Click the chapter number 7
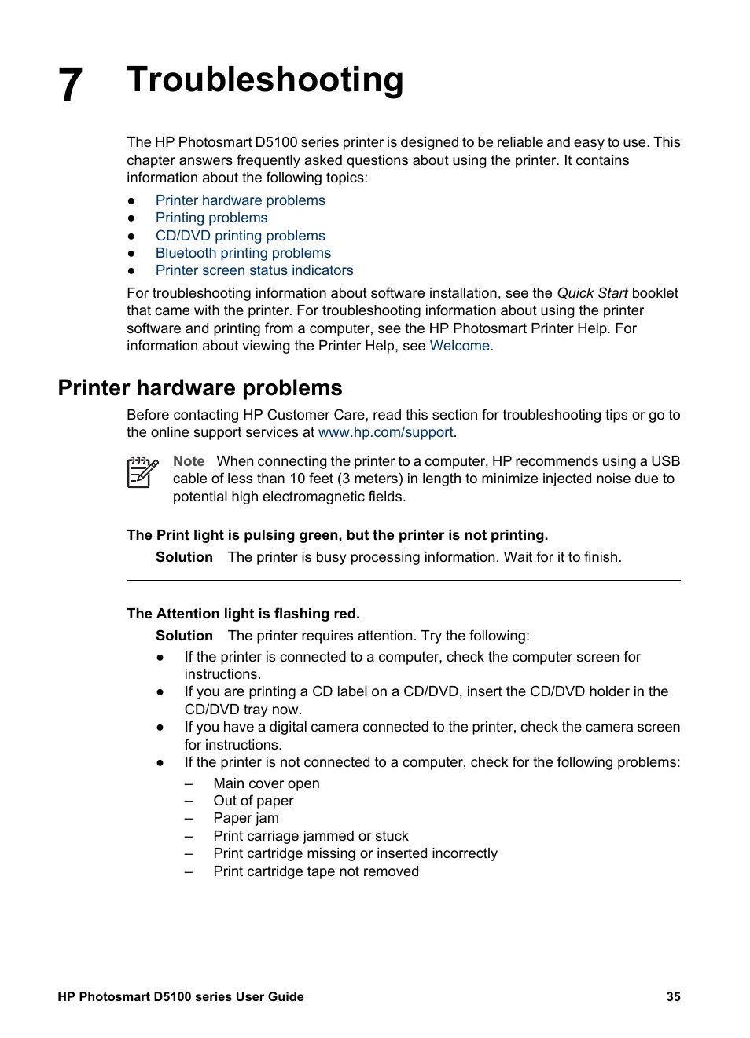[71, 85]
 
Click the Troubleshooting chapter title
[265, 80]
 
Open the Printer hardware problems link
[240, 200]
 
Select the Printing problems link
[211, 218]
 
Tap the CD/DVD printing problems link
[240, 236]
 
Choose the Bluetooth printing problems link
[243, 253]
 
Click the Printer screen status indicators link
[254, 270]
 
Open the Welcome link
[459, 346]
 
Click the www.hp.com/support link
[385, 432]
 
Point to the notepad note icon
[142, 472]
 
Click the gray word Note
[189, 461]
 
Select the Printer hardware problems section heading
[200, 388]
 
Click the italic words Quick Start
[592, 293]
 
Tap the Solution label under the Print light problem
[184, 557]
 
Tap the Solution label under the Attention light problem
[184, 636]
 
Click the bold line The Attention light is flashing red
[243, 614]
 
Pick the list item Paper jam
[245, 818]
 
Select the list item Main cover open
[266, 783]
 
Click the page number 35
[673, 996]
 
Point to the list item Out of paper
[253, 801]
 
